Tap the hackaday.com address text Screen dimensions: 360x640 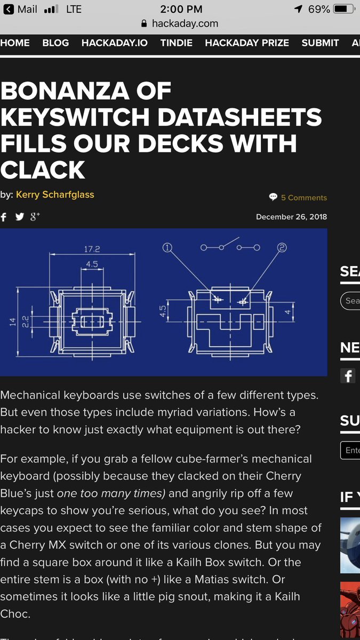click(x=185, y=23)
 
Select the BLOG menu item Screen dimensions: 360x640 click(x=55, y=43)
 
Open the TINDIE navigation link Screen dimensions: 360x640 click(x=176, y=43)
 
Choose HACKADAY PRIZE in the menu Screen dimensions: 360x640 click(x=247, y=43)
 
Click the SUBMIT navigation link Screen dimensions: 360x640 click(x=320, y=43)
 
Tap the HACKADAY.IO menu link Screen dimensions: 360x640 click(x=115, y=43)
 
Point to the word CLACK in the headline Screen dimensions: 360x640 click(x=43, y=170)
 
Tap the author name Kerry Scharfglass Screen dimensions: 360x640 click(x=55, y=195)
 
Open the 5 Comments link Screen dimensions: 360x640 click(x=303, y=197)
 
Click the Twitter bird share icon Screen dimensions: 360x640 click(x=20, y=217)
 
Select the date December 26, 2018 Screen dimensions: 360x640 click(x=291, y=217)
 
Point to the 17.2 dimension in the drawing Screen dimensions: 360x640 click(x=92, y=249)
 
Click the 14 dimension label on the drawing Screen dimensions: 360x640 click(x=12, y=321)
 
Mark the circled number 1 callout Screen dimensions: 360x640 click(x=168, y=247)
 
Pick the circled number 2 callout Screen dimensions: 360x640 click(x=282, y=247)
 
